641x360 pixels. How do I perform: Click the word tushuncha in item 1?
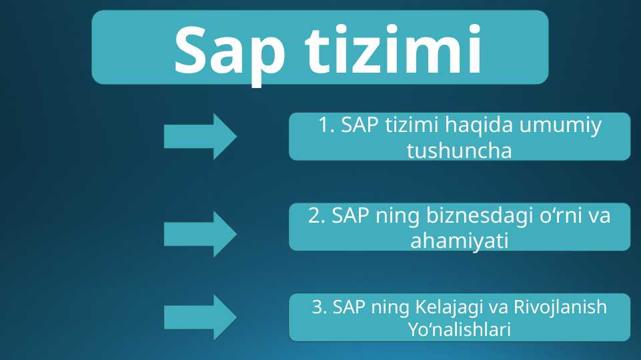click(459, 151)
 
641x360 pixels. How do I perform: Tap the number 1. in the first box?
click(326, 125)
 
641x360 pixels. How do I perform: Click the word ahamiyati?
click(459, 241)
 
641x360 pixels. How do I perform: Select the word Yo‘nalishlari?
click(459, 329)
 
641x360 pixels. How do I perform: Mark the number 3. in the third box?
click(320, 307)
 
